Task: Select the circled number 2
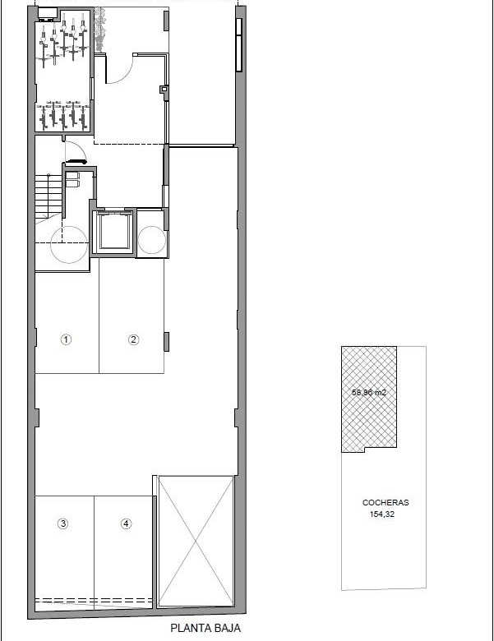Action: click(x=134, y=339)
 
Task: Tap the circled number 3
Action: click(x=62, y=523)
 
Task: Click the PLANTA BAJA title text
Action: click(x=205, y=629)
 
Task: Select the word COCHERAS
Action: click(x=386, y=502)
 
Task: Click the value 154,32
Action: click(x=382, y=514)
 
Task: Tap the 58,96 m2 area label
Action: click(x=369, y=393)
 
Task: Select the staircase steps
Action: click(x=48, y=195)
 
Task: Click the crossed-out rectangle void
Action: click(x=196, y=541)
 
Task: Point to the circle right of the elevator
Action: click(x=152, y=240)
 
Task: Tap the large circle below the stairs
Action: click(x=69, y=245)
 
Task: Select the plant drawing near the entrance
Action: click(x=99, y=30)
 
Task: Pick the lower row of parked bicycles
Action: click(x=64, y=115)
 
